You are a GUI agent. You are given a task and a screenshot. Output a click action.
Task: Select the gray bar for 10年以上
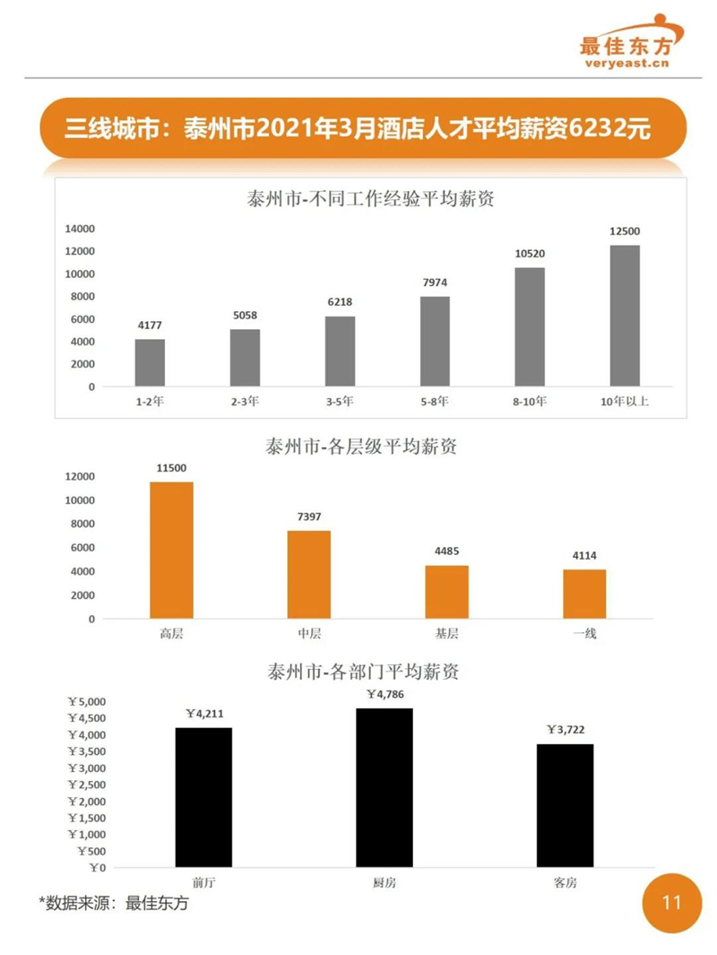coord(625,316)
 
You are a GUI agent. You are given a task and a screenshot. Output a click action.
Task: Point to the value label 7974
coord(435,283)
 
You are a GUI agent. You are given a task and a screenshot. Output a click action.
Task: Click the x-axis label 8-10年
coord(530,402)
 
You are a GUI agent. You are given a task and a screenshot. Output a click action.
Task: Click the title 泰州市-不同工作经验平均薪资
coord(370,199)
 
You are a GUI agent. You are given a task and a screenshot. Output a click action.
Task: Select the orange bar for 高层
coord(171,550)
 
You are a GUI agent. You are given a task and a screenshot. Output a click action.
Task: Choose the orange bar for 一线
coord(584,594)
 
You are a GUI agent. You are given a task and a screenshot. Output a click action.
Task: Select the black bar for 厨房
coord(384,787)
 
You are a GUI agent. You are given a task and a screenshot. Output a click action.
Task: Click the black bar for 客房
coord(565,805)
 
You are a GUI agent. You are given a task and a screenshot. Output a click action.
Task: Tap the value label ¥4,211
coord(204,714)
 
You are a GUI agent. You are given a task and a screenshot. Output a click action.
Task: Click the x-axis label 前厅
coord(203,882)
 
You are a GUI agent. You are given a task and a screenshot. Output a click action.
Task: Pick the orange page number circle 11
coord(670,902)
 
